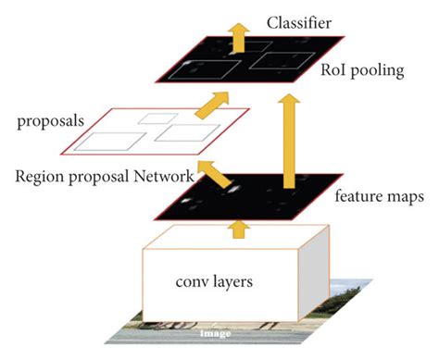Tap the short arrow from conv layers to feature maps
click(x=240, y=227)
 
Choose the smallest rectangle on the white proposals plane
click(x=150, y=118)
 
